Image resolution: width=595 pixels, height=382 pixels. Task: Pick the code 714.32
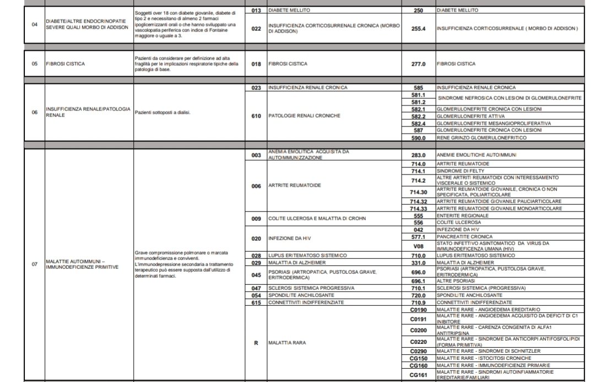(x=419, y=201)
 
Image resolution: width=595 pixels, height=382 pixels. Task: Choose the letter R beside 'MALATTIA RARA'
(x=256, y=343)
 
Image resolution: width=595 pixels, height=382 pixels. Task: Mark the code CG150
(x=419, y=358)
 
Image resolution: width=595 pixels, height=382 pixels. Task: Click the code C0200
(x=419, y=330)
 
